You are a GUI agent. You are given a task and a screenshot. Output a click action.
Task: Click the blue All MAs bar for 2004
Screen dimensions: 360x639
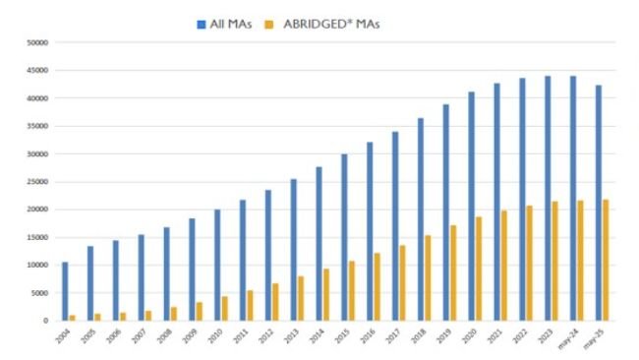(65, 291)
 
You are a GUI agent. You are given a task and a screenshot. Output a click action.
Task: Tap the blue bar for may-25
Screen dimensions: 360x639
(599, 203)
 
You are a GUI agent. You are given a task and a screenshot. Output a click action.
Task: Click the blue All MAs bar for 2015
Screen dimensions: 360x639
(344, 237)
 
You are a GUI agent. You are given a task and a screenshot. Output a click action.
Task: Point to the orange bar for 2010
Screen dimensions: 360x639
(225, 308)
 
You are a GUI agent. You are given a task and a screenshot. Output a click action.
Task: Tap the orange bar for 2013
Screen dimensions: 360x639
(301, 298)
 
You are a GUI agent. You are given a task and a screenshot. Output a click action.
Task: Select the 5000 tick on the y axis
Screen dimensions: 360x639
(37, 293)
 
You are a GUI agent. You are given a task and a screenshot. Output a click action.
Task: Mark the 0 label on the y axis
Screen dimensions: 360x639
(44, 321)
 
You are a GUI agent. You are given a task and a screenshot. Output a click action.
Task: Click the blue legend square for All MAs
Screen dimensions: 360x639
(201, 23)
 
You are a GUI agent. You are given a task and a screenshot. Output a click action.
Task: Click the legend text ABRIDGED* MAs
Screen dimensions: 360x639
(330, 23)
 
